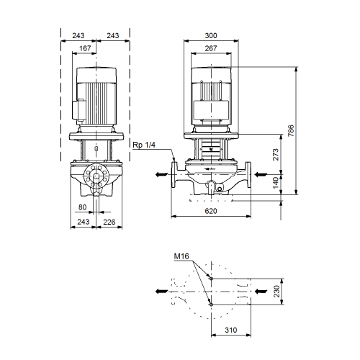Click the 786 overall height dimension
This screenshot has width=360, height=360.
(291, 130)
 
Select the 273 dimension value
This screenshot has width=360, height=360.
(276, 155)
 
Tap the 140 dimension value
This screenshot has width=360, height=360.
(276, 183)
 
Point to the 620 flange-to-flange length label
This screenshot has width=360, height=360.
(211, 211)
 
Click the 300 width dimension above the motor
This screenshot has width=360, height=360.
(211, 35)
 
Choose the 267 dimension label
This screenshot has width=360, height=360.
(211, 48)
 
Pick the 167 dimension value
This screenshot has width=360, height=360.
(85, 48)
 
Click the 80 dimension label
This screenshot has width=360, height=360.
(82, 207)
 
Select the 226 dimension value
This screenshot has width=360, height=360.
(109, 222)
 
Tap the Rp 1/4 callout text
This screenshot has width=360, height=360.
(144, 145)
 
